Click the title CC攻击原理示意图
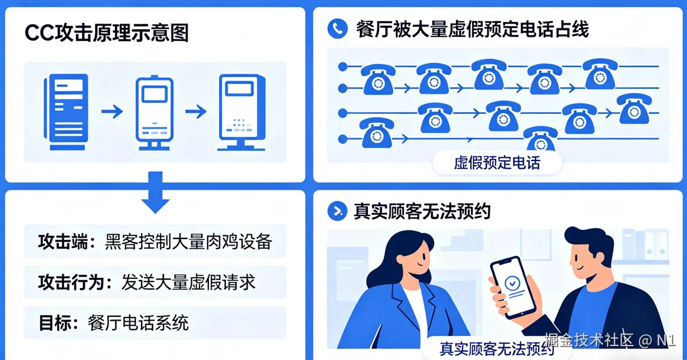coord(107,33)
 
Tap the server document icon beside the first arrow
coord(66,113)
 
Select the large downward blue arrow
coord(156,192)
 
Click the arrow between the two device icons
coord(196,112)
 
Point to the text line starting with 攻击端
coord(155,242)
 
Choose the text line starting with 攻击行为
coord(146,283)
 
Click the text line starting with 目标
coord(114,322)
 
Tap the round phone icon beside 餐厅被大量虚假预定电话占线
coord(337,28)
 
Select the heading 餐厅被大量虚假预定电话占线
coord(472,29)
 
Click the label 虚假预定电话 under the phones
coord(496,163)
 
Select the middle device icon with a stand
coord(154,113)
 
